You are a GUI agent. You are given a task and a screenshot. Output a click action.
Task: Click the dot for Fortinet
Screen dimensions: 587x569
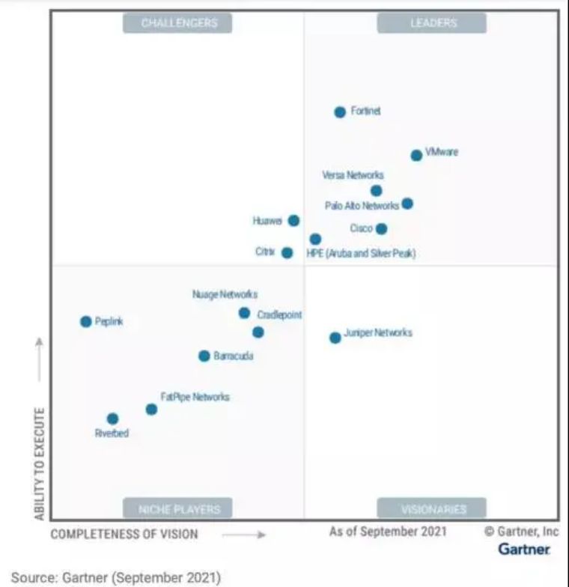tap(340, 112)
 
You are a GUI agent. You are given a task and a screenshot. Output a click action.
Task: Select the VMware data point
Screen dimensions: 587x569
tap(416, 156)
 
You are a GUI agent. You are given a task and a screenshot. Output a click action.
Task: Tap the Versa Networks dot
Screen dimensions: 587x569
tap(377, 191)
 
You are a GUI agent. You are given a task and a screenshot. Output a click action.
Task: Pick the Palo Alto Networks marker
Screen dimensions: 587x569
tap(407, 204)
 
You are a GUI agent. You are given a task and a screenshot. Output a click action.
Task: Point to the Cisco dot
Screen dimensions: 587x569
tap(382, 229)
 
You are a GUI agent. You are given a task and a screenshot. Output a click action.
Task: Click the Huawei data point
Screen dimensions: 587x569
tap(294, 221)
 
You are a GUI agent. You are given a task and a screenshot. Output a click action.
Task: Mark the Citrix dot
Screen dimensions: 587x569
tap(287, 253)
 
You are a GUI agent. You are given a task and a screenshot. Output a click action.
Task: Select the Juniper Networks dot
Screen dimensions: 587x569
tap(335, 338)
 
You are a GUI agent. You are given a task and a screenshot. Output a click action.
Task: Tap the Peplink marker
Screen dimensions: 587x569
tap(86, 322)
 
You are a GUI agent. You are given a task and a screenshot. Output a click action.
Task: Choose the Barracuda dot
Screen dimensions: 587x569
tap(204, 356)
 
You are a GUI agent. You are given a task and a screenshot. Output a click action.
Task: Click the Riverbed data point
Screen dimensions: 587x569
tap(112, 419)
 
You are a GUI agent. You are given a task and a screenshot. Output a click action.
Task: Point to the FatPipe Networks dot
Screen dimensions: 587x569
tap(151, 410)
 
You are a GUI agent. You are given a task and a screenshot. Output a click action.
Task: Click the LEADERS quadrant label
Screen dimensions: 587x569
tap(432, 23)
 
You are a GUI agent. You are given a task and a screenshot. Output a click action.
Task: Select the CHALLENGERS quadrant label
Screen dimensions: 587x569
tap(178, 23)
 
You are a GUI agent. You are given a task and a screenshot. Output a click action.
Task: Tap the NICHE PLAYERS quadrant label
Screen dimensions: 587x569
tap(178, 509)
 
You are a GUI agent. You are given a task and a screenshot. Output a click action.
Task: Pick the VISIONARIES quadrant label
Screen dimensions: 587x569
tap(432, 509)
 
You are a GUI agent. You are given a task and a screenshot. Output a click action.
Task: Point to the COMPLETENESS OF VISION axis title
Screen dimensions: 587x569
tap(124, 534)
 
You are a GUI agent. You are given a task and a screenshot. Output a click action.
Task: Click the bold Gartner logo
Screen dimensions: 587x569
tap(524, 550)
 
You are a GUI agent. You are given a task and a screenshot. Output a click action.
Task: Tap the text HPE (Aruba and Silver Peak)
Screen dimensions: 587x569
tap(361, 254)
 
